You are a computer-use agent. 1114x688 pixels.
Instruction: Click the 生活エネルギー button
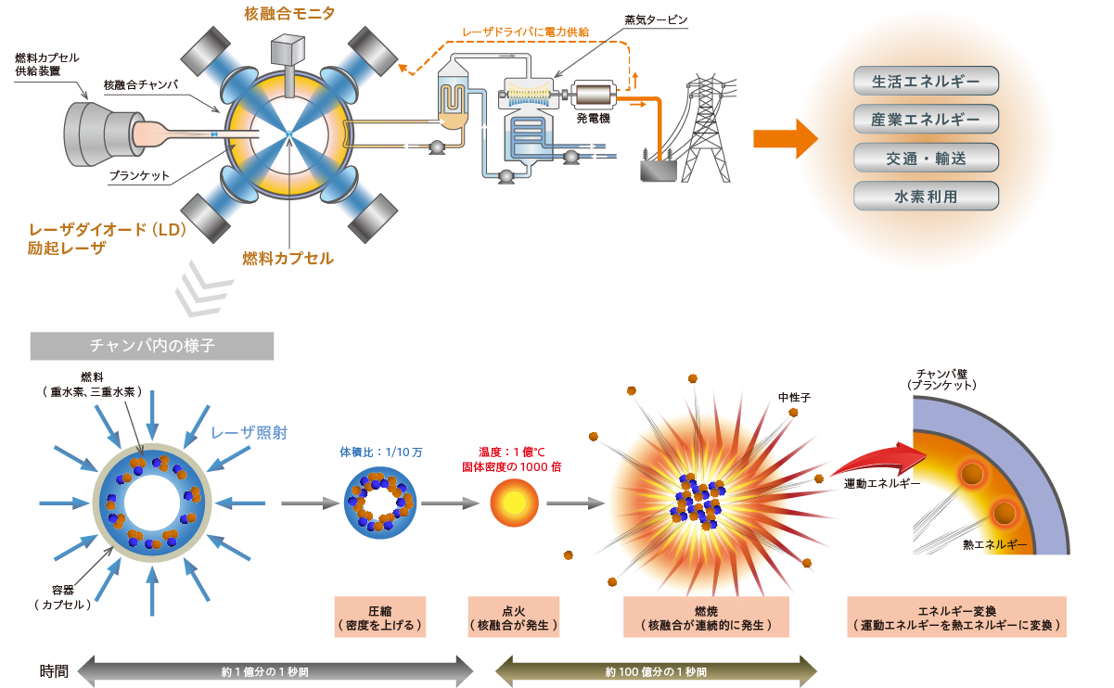(x=926, y=81)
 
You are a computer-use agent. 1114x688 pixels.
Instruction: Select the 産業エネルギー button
(x=926, y=120)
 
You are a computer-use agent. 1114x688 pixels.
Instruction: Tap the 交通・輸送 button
(x=926, y=158)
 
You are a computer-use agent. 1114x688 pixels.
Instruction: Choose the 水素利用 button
(x=926, y=197)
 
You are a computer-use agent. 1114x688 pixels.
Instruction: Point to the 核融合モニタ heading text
(x=289, y=13)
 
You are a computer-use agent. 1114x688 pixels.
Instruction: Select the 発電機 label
(x=594, y=119)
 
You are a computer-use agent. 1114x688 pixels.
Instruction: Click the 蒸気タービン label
(x=657, y=19)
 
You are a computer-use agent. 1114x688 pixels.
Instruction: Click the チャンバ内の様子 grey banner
(x=152, y=346)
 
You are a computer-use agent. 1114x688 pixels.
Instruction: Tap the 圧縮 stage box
(x=380, y=617)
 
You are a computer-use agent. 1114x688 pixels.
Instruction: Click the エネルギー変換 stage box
(x=956, y=617)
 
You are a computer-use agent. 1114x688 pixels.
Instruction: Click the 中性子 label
(x=794, y=398)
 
